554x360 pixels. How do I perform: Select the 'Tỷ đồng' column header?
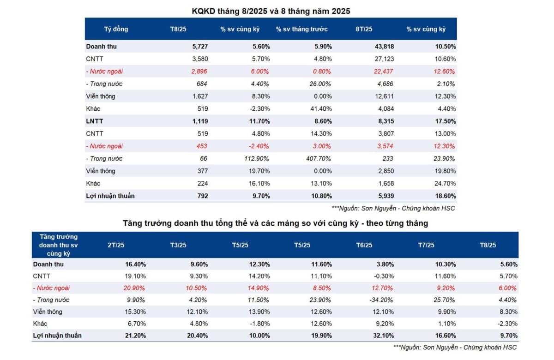(x=116, y=29)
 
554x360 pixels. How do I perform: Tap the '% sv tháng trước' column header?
(x=301, y=29)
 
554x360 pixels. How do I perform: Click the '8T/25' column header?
(x=364, y=29)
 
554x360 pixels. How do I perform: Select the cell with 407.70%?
(x=319, y=158)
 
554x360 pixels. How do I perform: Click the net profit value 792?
(x=202, y=196)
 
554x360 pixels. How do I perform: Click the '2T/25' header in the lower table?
(x=116, y=245)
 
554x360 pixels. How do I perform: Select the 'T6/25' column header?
(x=364, y=245)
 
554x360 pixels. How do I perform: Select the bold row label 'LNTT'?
(x=94, y=121)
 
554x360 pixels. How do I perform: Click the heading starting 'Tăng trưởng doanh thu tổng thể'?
(x=275, y=223)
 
